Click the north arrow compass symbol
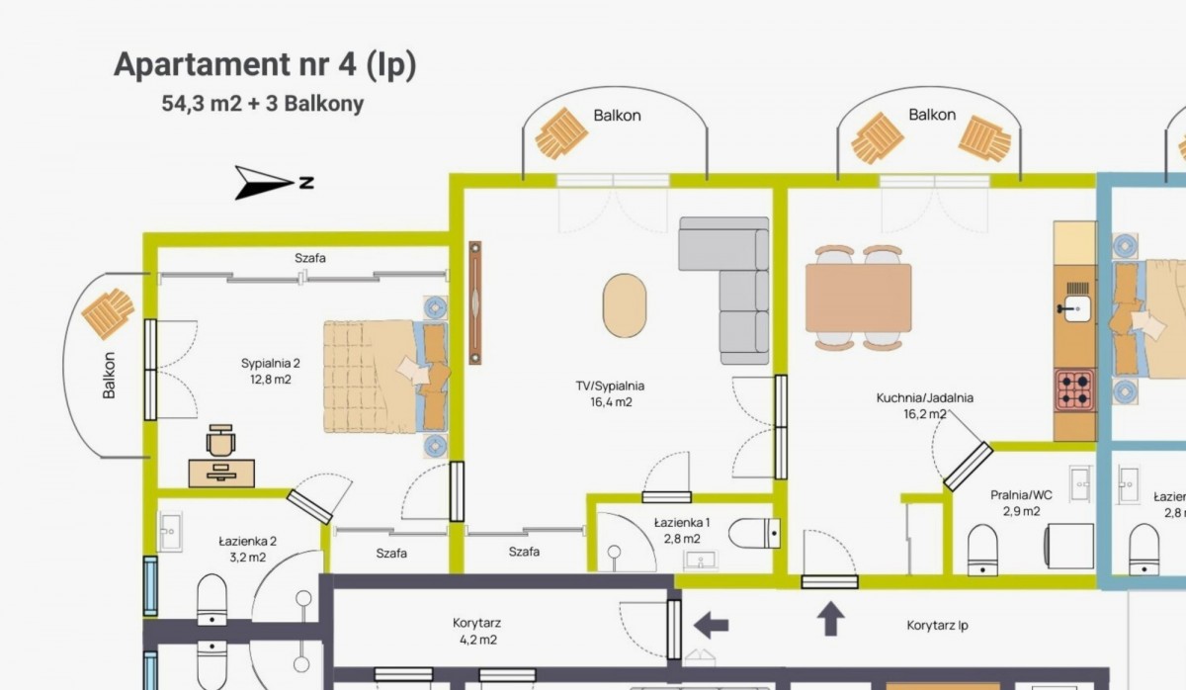[265, 183]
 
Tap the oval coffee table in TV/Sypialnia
[625, 305]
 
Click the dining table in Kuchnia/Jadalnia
[858, 299]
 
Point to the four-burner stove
[1075, 390]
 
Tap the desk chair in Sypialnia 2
[220, 440]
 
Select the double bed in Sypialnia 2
[385, 376]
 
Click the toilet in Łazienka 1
[754, 533]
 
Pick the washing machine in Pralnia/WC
[1069, 546]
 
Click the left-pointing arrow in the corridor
[711, 626]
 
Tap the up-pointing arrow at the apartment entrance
[830, 619]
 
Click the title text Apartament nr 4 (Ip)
[265, 64]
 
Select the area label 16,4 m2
[611, 402]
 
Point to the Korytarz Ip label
[937, 626]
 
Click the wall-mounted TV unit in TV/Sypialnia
[475, 302]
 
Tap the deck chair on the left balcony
[108, 313]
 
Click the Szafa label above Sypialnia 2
[310, 258]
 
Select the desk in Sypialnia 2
[221, 473]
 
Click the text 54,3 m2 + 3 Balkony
[263, 104]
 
